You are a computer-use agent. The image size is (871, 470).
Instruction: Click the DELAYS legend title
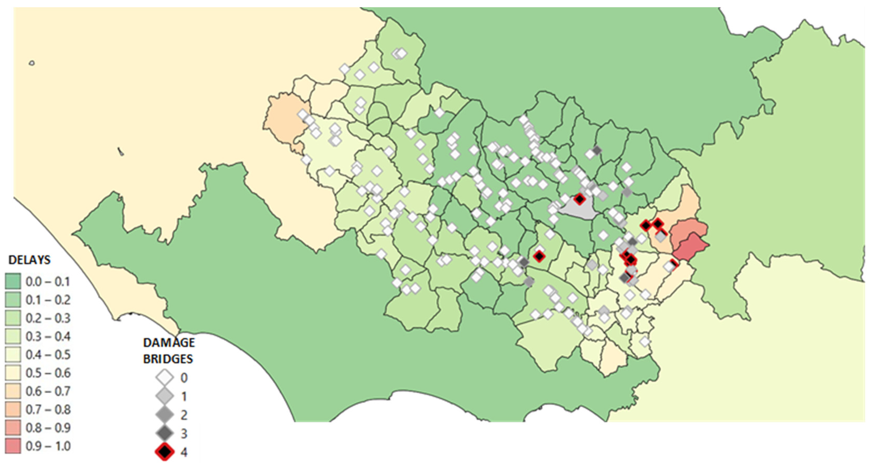(x=29, y=260)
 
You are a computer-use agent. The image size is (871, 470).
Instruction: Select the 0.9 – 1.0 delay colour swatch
(x=13, y=446)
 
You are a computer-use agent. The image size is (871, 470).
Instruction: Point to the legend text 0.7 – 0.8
(x=48, y=410)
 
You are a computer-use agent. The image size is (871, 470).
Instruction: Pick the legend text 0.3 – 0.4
(x=48, y=337)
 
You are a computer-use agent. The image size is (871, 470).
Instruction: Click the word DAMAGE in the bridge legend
(x=169, y=343)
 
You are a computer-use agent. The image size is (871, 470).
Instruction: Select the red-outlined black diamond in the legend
(x=165, y=451)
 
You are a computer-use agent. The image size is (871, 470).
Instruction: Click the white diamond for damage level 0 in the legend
(x=165, y=378)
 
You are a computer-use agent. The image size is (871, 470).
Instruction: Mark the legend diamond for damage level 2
(x=165, y=414)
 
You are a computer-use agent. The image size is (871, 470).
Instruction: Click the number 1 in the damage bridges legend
(x=184, y=396)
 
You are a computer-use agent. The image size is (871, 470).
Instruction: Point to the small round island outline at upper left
(x=32, y=63)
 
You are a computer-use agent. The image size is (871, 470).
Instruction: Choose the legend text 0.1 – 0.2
(x=48, y=300)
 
